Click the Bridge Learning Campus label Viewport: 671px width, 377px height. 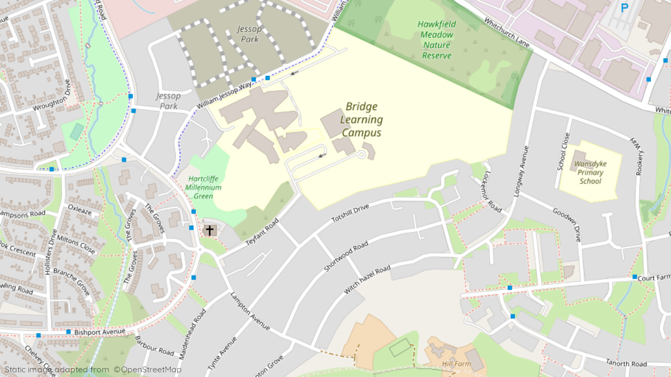tap(361, 120)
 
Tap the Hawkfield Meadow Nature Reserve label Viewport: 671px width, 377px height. tap(437, 40)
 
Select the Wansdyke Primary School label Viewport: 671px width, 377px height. tap(590, 172)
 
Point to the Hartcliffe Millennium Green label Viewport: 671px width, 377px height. tap(203, 187)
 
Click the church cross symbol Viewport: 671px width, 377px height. tap(210, 230)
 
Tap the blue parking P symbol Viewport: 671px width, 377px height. tap(624, 8)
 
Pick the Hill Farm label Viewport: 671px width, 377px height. tap(456, 363)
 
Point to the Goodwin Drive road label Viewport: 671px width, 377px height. tap(567, 225)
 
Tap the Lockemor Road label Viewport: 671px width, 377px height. tap(493, 192)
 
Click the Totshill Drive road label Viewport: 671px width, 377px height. tap(350, 213)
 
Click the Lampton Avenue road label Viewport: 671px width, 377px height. tap(250, 311)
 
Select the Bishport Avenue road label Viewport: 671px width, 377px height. tap(100, 331)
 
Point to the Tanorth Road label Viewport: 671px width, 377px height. tap(626, 363)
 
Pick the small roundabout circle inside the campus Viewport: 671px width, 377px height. tap(361, 154)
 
